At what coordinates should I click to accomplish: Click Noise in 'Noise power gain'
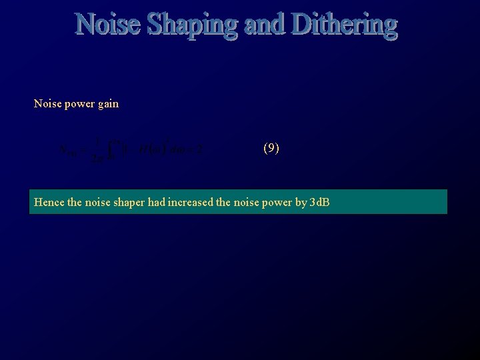tap(47, 103)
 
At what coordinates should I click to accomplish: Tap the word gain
tap(108, 105)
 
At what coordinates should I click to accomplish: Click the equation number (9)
tap(271, 149)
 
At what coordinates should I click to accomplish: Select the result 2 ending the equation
tap(199, 150)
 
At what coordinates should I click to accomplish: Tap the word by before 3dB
tap(301, 203)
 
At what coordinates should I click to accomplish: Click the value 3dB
tap(320, 202)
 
